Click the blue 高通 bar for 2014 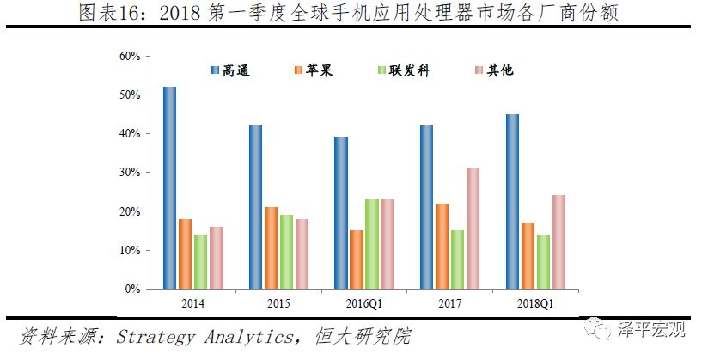169,188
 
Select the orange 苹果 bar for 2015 271,247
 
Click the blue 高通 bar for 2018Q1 512,202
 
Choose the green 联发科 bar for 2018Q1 542,262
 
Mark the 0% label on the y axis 132,290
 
